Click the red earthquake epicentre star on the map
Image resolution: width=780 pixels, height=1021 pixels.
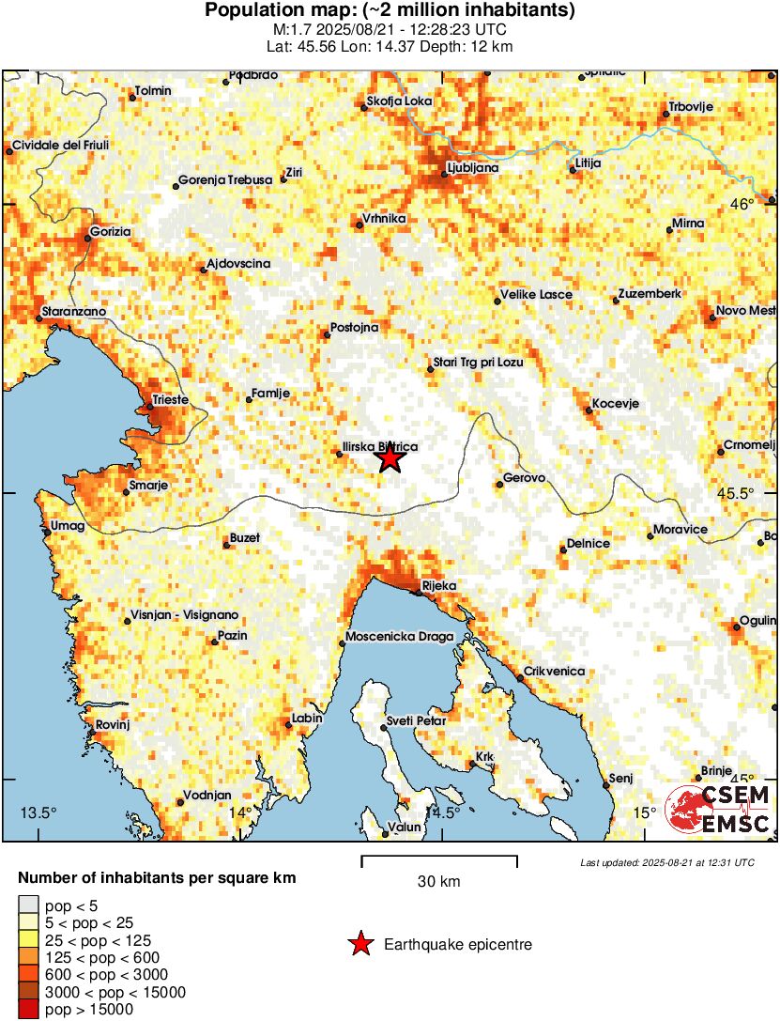pyautogui.click(x=390, y=458)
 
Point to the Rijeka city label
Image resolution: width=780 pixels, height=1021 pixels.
pyautogui.click(x=438, y=585)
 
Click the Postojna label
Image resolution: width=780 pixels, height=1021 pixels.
pyautogui.click(x=352, y=328)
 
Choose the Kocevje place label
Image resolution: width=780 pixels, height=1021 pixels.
pyautogui.click(x=614, y=403)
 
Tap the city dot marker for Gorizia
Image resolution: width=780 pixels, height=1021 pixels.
pyautogui.click(x=88, y=238)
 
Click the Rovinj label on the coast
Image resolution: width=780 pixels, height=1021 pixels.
pyautogui.click(x=111, y=724)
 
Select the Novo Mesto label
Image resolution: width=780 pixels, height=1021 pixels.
pyautogui.click(x=745, y=311)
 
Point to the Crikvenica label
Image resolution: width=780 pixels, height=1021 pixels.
pyautogui.click(x=554, y=671)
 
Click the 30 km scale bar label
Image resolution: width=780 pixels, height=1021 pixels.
pyautogui.click(x=438, y=882)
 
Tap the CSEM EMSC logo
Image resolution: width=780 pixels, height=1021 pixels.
pyautogui.click(x=719, y=811)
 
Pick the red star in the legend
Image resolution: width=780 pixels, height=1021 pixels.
pyautogui.click(x=359, y=944)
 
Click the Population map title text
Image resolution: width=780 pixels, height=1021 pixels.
pyautogui.click(x=390, y=11)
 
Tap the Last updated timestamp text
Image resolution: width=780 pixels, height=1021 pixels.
pyautogui.click(x=666, y=862)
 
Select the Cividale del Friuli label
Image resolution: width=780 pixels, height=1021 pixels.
pyautogui.click(x=59, y=146)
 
